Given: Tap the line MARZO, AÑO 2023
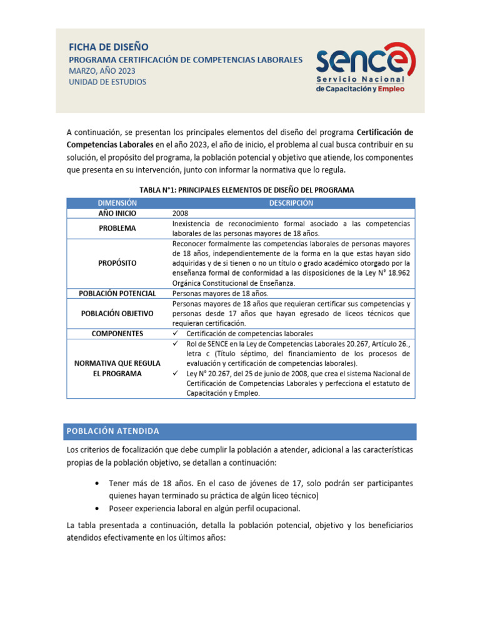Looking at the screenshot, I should click(x=101, y=70).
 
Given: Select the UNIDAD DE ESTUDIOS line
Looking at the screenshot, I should click(x=107, y=82).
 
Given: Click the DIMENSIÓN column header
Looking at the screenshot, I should click(x=117, y=203).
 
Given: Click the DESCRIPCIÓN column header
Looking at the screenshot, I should click(x=291, y=203).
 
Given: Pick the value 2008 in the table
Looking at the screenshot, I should click(x=180, y=213).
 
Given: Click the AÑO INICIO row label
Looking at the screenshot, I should click(x=117, y=213).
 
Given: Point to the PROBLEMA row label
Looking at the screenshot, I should click(x=117, y=228).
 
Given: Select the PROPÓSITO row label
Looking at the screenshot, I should click(x=117, y=263).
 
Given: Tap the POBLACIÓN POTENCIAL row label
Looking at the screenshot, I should click(x=117, y=293).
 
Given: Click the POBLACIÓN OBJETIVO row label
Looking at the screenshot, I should click(x=117, y=313).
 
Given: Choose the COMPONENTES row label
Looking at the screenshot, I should click(x=117, y=334).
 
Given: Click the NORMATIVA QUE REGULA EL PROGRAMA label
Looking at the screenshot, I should click(x=117, y=368).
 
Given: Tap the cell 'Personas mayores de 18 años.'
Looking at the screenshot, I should click(x=220, y=293).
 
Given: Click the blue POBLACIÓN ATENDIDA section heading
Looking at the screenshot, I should click(x=113, y=431).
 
